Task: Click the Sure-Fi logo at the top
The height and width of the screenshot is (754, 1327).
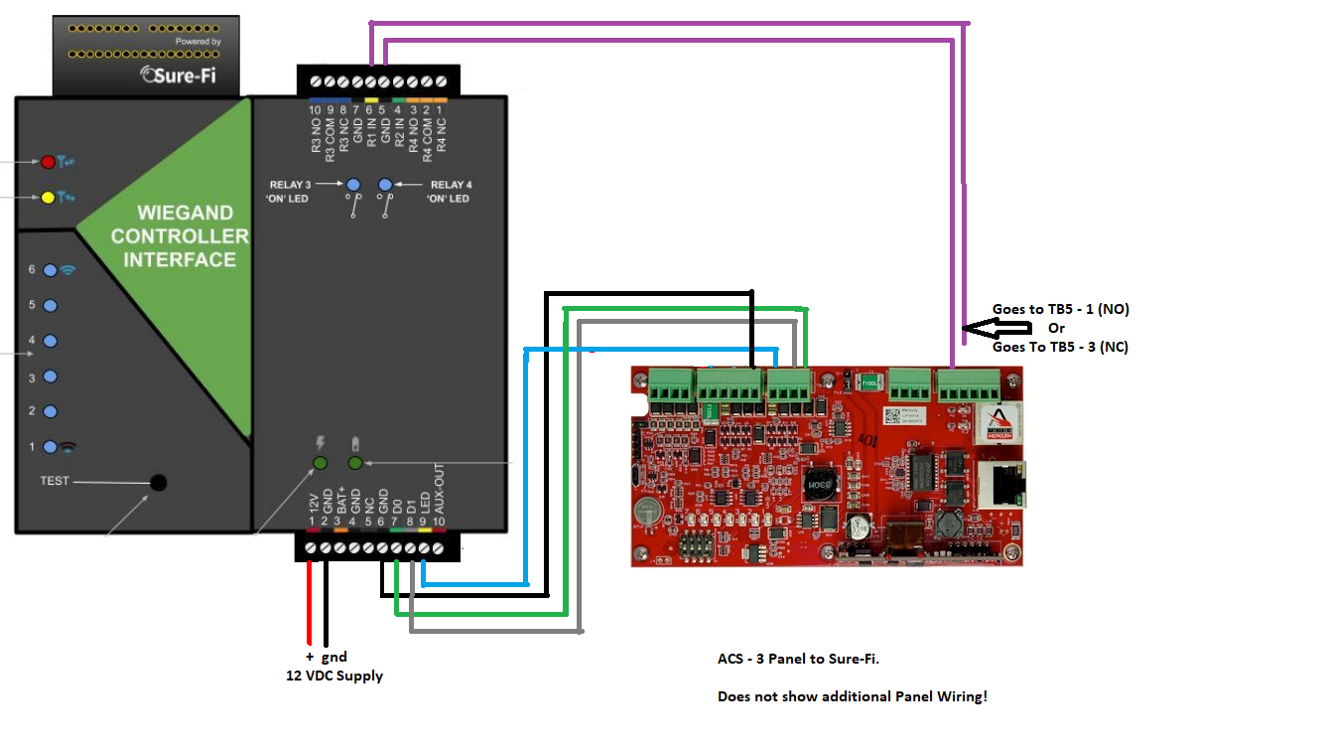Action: (185, 74)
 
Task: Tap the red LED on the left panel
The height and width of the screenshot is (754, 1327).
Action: (47, 161)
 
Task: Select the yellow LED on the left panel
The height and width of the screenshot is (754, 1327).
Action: (47, 197)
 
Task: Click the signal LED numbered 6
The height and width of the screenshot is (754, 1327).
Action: (51, 269)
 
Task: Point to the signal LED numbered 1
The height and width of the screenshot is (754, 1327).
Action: (51, 447)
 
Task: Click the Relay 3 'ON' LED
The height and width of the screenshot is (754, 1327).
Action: (352, 185)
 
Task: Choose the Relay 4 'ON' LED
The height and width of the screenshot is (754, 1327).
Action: (385, 185)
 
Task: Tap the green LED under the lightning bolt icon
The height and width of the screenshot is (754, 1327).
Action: (320, 463)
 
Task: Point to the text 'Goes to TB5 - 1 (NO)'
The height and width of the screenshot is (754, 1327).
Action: (1060, 309)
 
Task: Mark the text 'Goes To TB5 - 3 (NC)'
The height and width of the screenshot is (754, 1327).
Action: (1060, 347)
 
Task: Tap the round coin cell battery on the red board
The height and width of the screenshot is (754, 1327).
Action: (646, 512)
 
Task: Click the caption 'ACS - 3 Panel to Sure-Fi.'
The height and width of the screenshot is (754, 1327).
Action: (797, 659)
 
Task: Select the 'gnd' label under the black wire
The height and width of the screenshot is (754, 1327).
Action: (333, 657)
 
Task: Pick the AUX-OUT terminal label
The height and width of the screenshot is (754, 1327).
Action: (438, 488)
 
